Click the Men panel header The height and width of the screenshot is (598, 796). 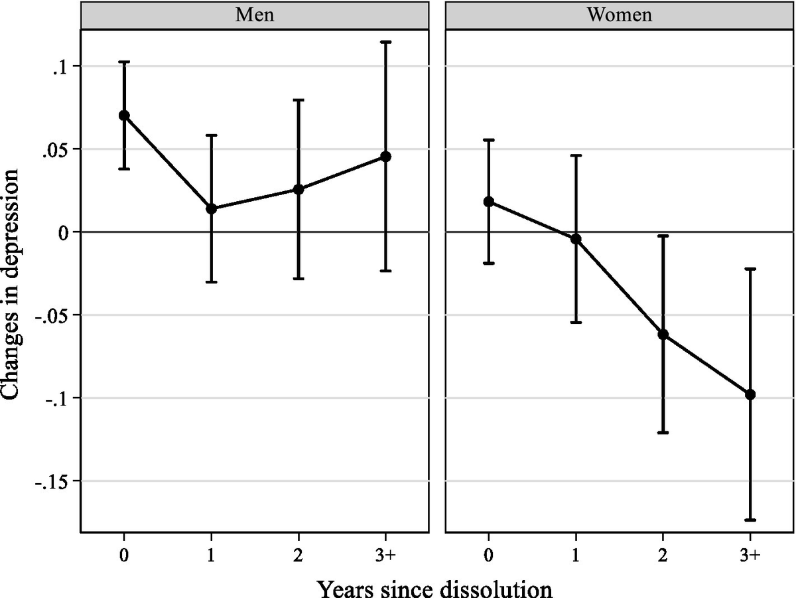pyautogui.click(x=255, y=15)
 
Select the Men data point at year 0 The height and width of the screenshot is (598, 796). pyautogui.click(x=124, y=115)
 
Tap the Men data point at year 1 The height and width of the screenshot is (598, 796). pyautogui.click(x=212, y=208)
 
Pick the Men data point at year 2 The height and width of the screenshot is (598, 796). pyautogui.click(x=298, y=189)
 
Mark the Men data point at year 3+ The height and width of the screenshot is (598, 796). pyautogui.click(x=385, y=157)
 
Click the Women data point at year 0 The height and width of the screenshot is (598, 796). pyautogui.click(x=489, y=202)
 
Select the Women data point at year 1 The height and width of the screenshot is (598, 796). pyautogui.click(x=576, y=238)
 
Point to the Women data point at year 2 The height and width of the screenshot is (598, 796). pyautogui.click(x=663, y=335)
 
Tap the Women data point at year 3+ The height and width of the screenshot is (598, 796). pyautogui.click(x=750, y=394)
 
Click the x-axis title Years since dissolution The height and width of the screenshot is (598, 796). pyautogui.click(x=434, y=585)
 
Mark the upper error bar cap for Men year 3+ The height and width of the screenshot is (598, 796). pyautogui.click(x=385, y=42)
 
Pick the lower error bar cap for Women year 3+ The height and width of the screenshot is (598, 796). pyautogui.click(x=750, y=520)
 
